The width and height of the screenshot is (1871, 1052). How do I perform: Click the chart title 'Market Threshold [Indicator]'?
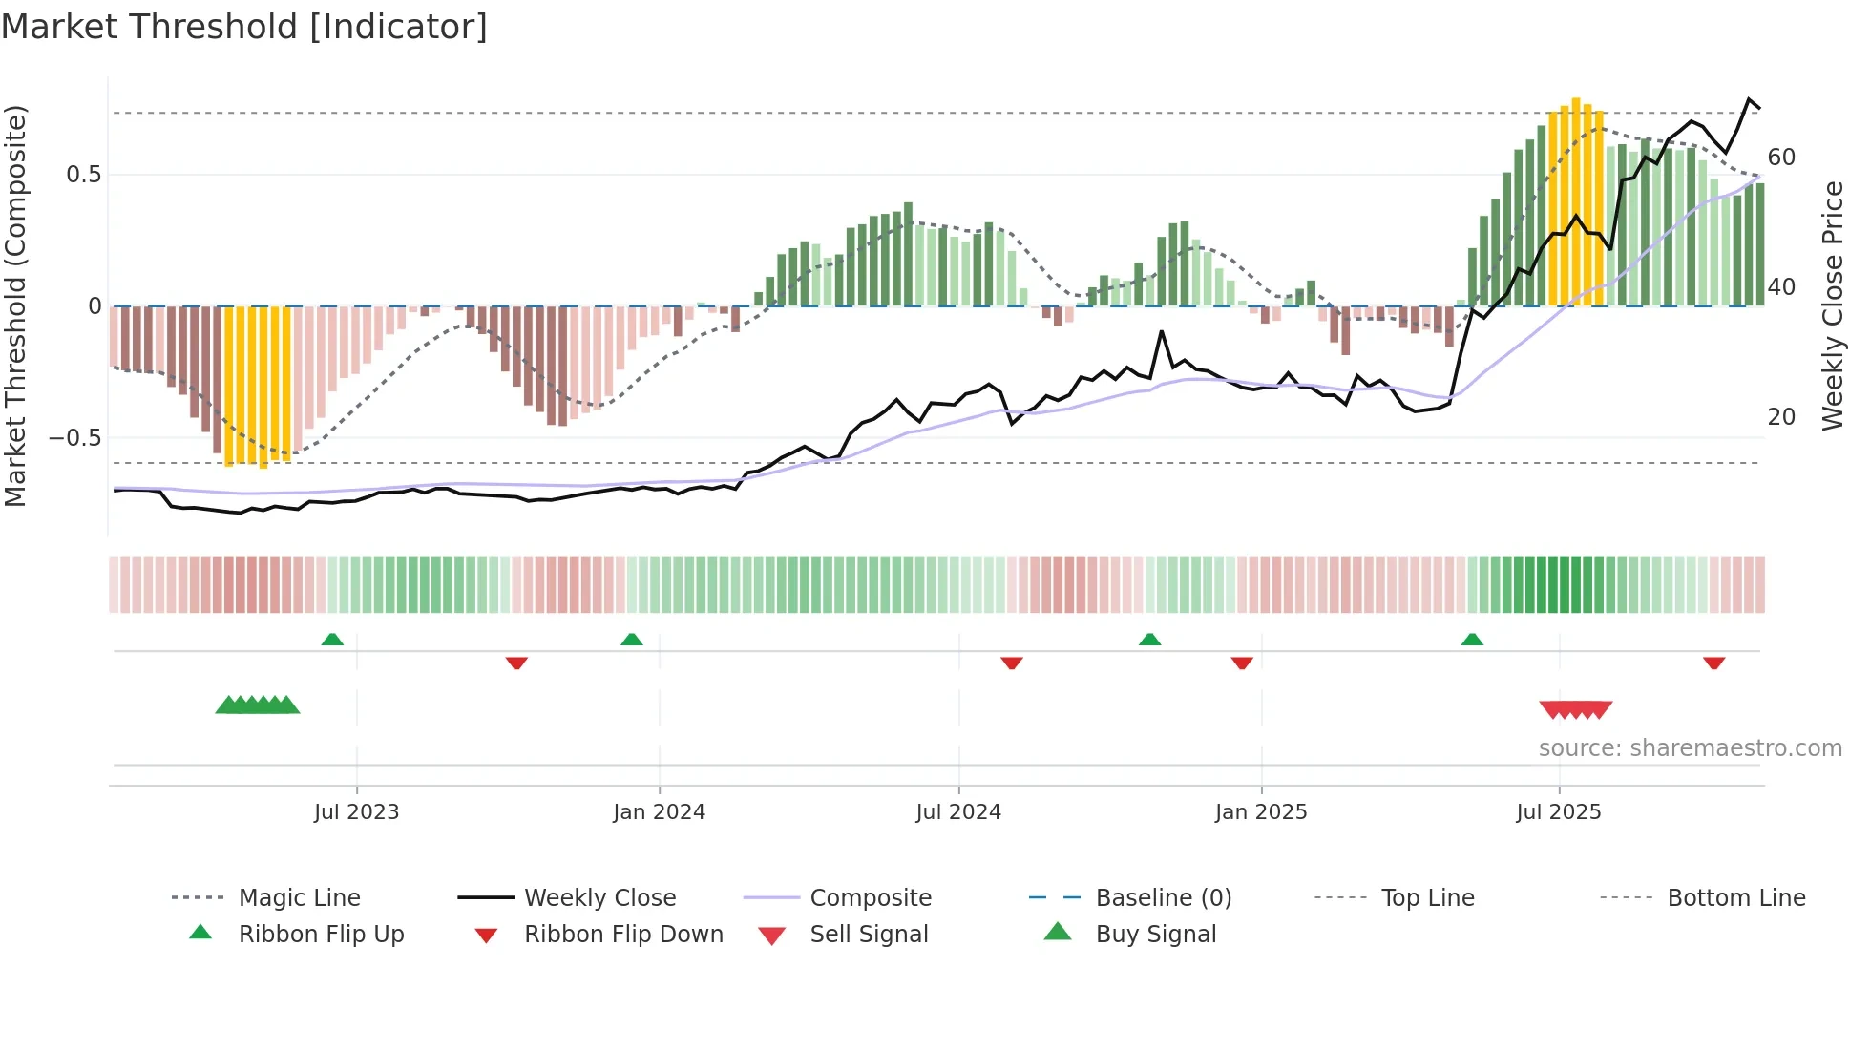[x=244, y=27]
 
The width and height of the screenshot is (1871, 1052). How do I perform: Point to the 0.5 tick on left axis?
[x=83, y=175]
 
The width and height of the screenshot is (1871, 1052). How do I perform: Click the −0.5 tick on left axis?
[x=75, y=438]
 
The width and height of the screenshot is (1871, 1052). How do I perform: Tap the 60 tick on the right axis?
[x=1781, y=158]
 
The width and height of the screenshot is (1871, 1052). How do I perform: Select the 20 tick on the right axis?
[x=1781, y=417]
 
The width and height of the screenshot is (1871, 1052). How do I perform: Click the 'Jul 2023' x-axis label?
[x=356, y=812]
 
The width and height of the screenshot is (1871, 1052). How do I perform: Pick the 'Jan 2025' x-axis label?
[x=1260, y=812]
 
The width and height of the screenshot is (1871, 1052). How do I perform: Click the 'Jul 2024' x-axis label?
[x=957, y=812]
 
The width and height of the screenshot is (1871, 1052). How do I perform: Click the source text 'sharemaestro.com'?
[x=1690, y=748]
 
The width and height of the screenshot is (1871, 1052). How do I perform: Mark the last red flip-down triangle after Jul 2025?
[x=1713, y=663]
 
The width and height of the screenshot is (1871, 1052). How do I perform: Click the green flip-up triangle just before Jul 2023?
[x=332, y=640]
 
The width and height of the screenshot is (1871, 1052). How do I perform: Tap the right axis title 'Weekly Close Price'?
[x=1832, y=305]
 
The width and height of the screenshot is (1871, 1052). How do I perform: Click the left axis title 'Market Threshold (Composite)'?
[x=15, y=305]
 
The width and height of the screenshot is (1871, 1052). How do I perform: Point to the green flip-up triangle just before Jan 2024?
[x=631, y=640]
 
